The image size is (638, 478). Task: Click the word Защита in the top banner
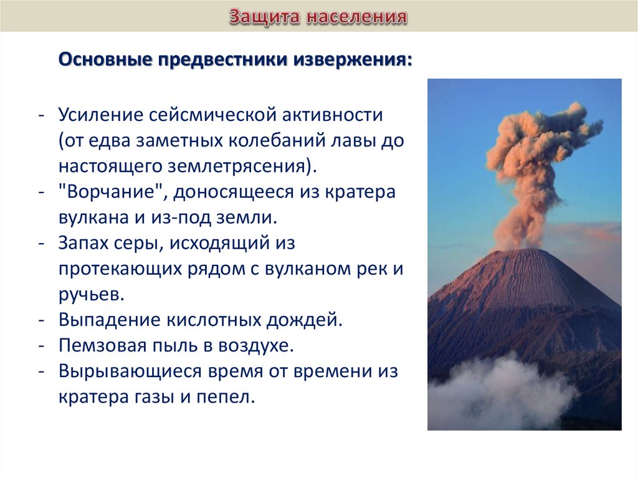coord(264,17)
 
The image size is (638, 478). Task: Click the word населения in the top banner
coord(357,17)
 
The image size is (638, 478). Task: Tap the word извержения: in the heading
coord(353,60)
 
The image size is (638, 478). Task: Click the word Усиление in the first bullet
coord(100,115)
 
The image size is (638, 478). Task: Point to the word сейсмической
coord(212,115)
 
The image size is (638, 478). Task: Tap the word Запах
coord(83,243)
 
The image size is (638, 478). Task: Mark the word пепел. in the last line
coord(226,397)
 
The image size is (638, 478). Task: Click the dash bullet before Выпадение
coord(41,320)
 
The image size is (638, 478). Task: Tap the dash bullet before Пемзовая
coord(41,346)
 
